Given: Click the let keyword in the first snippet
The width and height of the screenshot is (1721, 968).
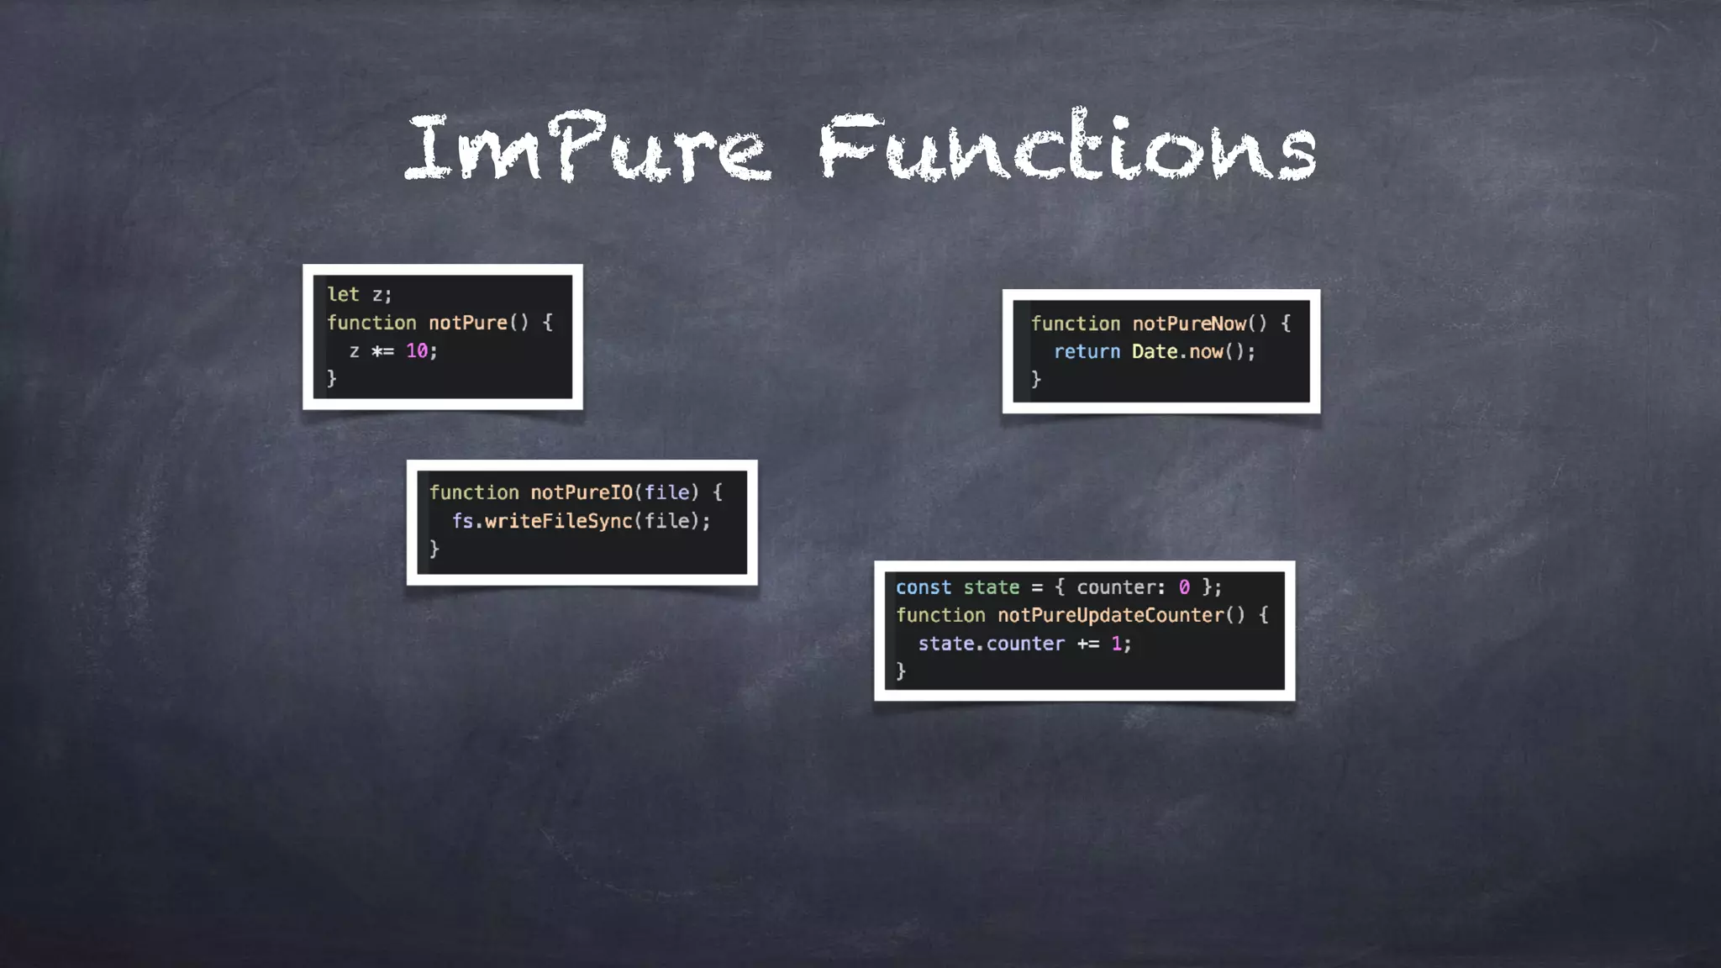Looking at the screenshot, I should tap(343, 294).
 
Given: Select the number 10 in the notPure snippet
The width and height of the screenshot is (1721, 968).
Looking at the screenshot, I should tap(417, 351).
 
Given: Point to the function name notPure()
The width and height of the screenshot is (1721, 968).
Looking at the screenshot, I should tap(468, 323).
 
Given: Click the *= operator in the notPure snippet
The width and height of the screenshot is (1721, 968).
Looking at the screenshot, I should tap(382, 351).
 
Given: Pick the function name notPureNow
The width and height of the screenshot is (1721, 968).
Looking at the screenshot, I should tap(1189, 324).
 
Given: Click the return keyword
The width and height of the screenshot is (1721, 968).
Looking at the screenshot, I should tap(1087, 352).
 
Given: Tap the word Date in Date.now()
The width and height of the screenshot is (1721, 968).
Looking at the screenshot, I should tap(1154, 352).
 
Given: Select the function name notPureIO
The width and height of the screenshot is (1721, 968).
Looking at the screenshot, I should tap(581, 492).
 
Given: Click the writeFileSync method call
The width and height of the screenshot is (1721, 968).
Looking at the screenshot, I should tap(558, 521).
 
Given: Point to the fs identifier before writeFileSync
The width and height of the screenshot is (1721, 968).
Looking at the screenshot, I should tap(462, 521).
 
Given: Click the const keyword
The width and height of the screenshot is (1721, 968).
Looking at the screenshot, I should tap(923, 587).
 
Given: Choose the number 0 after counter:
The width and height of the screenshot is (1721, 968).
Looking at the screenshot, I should tap(1184, 587).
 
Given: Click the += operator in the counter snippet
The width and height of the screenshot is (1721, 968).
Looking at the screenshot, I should tap(1088, 644).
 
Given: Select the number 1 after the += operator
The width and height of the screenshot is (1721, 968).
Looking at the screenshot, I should tap(1117, 644).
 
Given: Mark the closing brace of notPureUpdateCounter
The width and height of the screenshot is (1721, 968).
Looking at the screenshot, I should tap(901, 671).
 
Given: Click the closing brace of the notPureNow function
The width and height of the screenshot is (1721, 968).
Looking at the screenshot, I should tap(1036, 379).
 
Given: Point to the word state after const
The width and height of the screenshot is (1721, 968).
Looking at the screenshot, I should tap(991, 587).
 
